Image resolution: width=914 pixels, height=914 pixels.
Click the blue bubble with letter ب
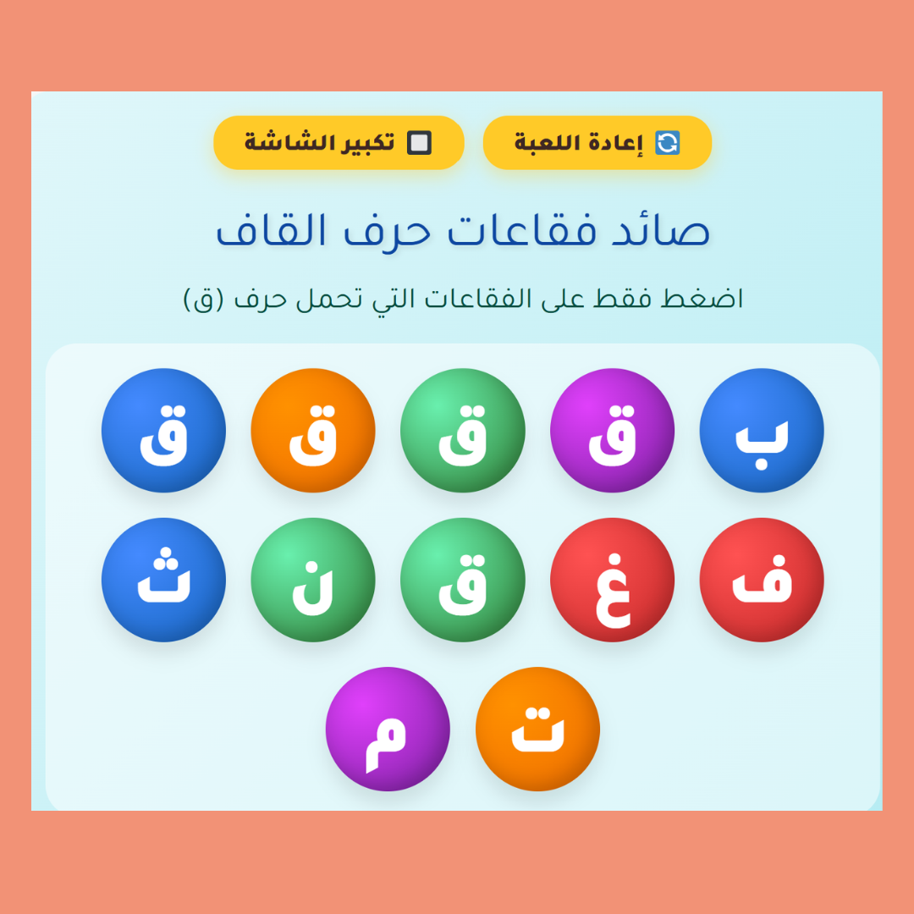tap(762, 430)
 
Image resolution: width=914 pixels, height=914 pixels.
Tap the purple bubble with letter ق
tap(612, 430)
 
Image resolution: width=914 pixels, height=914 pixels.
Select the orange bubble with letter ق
tap(313, 430)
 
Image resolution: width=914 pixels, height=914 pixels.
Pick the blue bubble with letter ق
tap(164, 430)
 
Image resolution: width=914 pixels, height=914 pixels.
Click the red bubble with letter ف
tap(762, 580)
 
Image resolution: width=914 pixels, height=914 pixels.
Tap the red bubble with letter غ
tap(612, 580)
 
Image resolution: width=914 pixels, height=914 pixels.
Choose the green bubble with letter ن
tap(313, 580)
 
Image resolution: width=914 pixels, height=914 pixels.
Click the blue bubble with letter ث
tap(164, 580)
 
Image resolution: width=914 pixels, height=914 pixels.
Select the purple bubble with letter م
tap(388, 730)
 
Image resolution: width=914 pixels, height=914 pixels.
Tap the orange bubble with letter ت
tap(537, 730)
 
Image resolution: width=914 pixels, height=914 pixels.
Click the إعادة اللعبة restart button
tap(597, 143)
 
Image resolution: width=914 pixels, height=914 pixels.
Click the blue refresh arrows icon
tap(668, 143)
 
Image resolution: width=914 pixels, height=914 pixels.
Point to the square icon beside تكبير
tap(419, 143)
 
